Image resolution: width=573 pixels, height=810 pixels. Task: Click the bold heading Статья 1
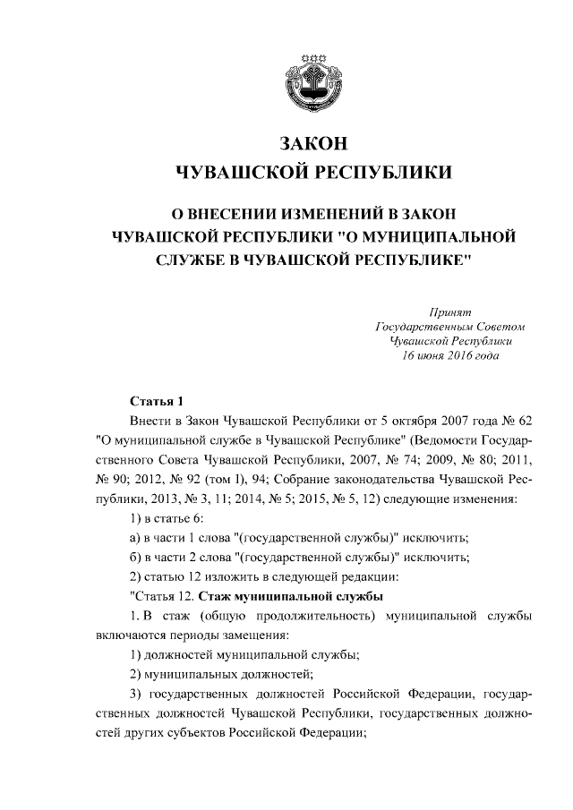pyautogui.click(x=157, y=399)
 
